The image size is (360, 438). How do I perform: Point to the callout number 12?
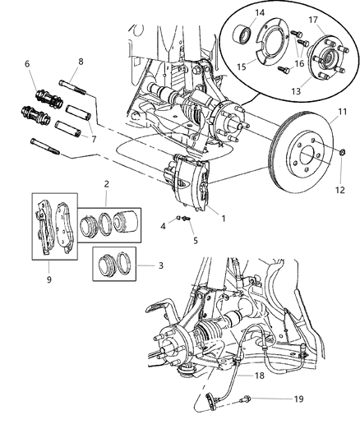[x=339, y=168]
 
